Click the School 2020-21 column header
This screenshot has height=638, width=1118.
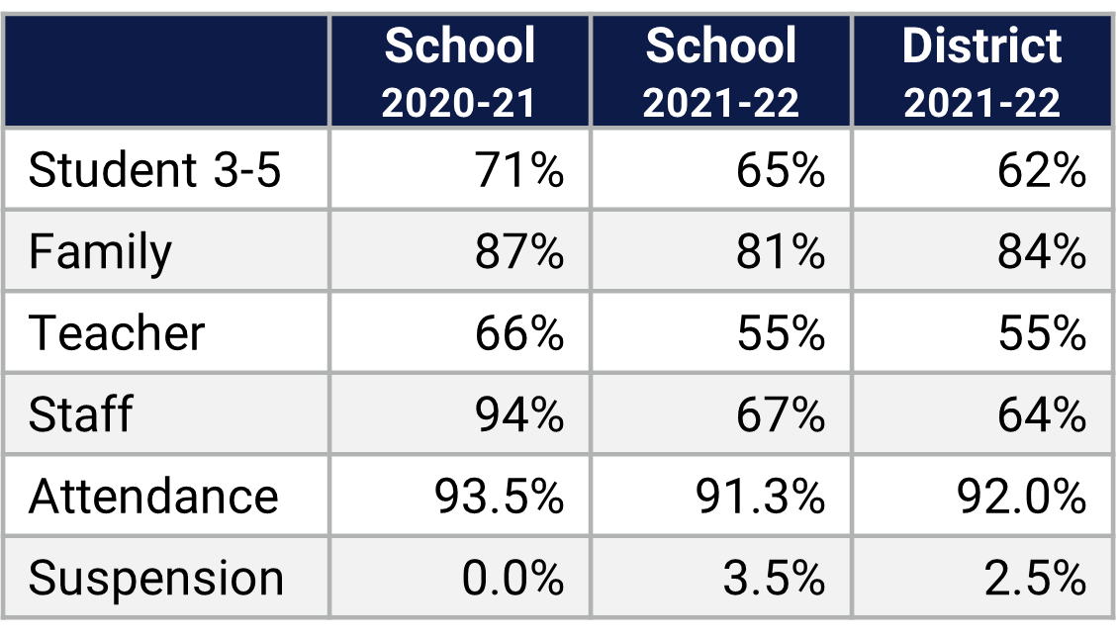click(x=459, y=72)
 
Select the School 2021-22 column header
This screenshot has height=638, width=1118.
click(x=720, y=72)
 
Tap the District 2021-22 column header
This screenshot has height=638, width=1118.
click(x=981, y=72)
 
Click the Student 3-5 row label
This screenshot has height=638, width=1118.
click(x=155, y=170)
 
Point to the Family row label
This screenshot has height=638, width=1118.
click(x=100, y=252)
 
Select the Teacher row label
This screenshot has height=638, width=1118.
click(x=117, y=333)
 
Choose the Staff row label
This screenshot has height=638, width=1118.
click(x=80, y=414)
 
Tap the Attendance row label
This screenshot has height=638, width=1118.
click(x=153, y=496)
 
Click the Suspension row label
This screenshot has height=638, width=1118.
click(x=156, y=578)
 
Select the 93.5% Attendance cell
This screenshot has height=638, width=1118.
click(x=500, y=496)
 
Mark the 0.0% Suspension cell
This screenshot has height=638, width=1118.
click(x=512, y=578)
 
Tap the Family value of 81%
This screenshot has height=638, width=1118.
click(x=781, y=252)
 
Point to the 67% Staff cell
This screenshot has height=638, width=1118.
click(x=781, y=414)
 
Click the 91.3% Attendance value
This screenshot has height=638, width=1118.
click(x=761, y=496)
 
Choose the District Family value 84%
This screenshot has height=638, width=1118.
click(x=1042, y=252)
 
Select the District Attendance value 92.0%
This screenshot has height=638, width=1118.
click(x=1022, y=496)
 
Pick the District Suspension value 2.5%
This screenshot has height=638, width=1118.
click(x=1035, y=578)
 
